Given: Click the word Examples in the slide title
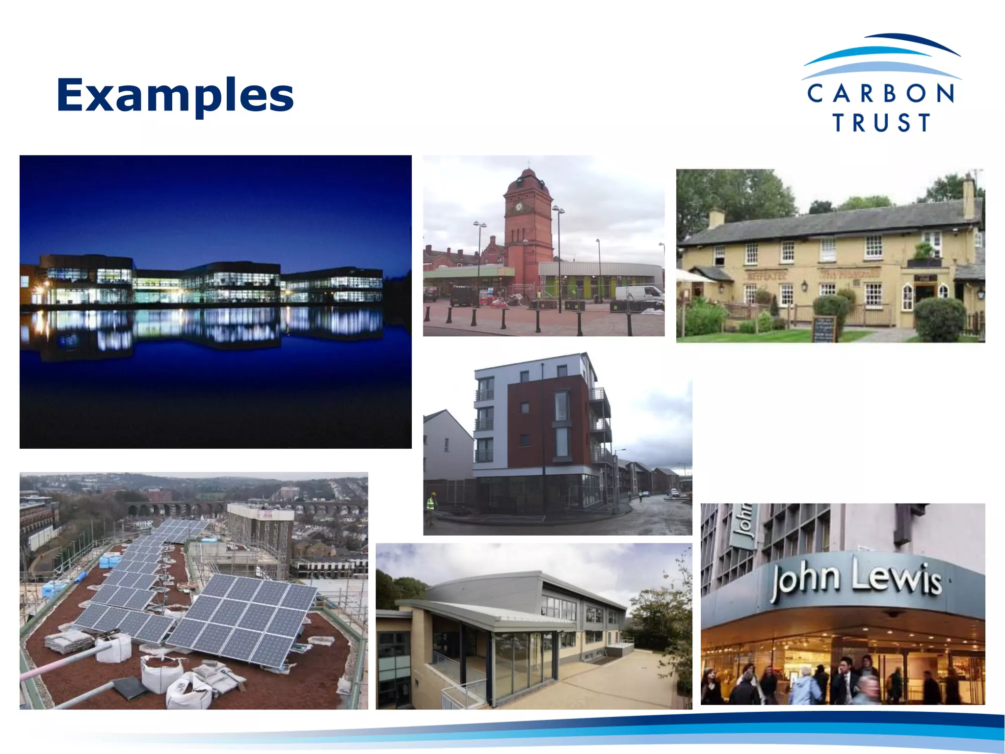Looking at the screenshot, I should coord(175,95).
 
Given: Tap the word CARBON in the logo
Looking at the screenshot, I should coord(880,93).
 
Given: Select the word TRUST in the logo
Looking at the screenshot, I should coord(881,123).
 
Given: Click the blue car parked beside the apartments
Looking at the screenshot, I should coord(674,492).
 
